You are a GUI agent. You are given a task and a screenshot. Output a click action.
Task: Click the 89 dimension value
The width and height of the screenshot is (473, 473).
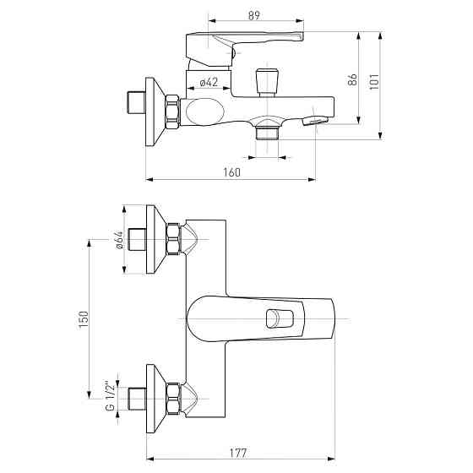click(254, 15)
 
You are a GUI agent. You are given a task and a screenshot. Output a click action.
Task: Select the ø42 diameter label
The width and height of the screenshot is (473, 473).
click(209, 82)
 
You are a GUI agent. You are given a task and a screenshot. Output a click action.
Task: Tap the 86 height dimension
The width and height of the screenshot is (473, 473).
click(352, 79)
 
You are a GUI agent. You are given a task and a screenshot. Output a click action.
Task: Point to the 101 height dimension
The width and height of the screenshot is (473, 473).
click(374, 81)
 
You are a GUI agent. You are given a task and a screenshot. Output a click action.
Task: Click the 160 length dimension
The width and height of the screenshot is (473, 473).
click(232, 172)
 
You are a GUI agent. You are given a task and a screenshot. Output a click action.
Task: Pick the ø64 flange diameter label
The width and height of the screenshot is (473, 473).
click(119, 240)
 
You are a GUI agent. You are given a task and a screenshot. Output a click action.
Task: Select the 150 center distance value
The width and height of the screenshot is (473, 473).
click(84, 319)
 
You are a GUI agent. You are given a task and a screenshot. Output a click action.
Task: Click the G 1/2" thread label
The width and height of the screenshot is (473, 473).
click(111, 394)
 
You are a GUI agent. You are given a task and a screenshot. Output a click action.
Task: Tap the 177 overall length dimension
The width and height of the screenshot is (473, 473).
click(238, 453)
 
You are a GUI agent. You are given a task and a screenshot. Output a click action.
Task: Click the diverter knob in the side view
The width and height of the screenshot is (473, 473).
click(267, 83)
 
